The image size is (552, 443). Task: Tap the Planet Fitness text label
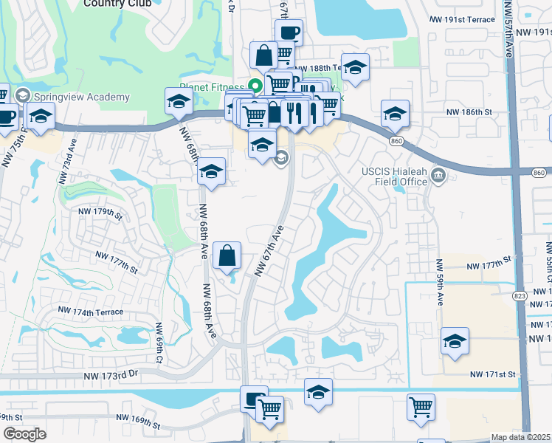click(210, 84)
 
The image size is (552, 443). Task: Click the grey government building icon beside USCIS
click(439, 175)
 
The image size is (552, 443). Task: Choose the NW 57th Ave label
click(508, 30)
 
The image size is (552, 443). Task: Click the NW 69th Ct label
click(159, 343)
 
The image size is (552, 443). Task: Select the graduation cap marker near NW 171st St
click(455, 340)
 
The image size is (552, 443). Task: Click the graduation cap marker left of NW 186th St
click(395, 113)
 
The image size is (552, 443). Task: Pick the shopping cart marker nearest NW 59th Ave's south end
click(421, 406)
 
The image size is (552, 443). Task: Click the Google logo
click(24, 433)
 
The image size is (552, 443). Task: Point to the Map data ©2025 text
click(520, 437)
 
